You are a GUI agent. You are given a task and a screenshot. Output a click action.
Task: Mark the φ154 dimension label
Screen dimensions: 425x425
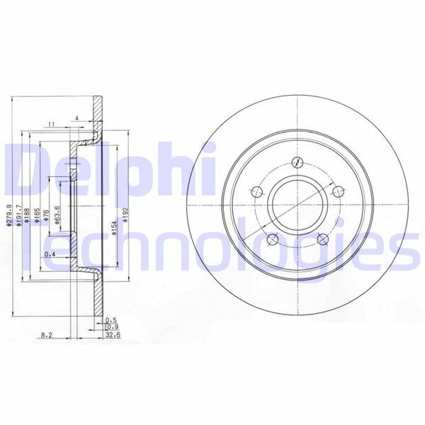pyautogui.click(x=113, y=227)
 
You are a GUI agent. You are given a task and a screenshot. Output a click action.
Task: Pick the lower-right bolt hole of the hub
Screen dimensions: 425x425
pyautogui.click(x=324, y=239)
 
